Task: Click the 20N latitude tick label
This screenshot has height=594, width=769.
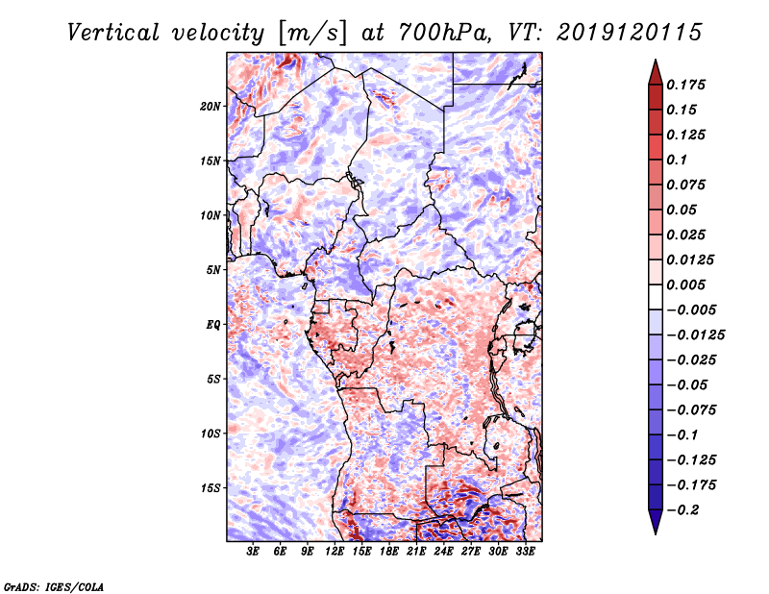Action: point(211,106)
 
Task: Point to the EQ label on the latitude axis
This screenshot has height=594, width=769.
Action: point(213,325)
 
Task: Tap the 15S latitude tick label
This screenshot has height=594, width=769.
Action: point(211,488)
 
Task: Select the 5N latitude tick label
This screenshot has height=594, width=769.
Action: point(213,270)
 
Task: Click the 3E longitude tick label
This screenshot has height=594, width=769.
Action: point(253,553)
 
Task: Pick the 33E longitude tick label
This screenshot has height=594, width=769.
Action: point(526,553)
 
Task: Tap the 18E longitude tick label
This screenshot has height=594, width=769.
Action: point(389,553)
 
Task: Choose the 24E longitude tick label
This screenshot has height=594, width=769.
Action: point(444,553)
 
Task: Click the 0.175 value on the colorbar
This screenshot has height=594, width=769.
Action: point(686,85)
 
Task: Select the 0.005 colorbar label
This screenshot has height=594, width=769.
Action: point(686,285)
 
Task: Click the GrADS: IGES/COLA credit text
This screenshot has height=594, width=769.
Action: point(54,585)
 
